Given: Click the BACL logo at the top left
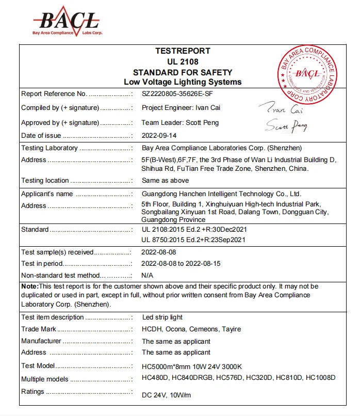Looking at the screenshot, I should click(x=67, y=21).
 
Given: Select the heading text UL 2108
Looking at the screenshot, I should click(x=183, y=62).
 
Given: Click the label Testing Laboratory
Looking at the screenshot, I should click(x=50, y=148).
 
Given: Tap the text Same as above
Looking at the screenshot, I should click(x=165, y=181).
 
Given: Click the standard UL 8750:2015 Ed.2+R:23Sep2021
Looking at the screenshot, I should click(x=193, y=239).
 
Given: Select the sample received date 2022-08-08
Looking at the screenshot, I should click(x=159, y=252).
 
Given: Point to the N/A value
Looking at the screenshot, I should click(x=148, y=276).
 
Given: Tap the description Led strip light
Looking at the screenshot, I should click(x=162, y=317).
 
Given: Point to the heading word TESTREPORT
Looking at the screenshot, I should click(x=183, y=51).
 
